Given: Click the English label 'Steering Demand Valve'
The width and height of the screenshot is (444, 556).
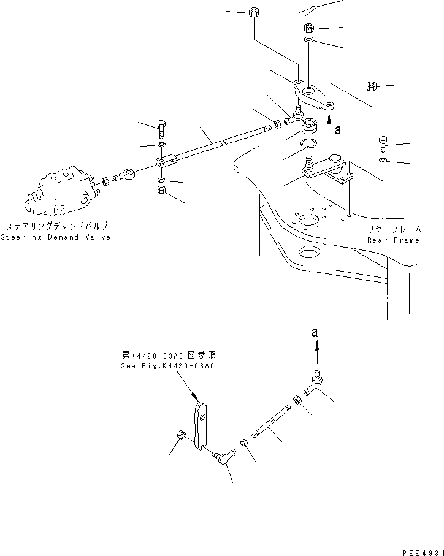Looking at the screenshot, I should [56, 237].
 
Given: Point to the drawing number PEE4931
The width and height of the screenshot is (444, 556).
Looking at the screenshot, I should [421, 552].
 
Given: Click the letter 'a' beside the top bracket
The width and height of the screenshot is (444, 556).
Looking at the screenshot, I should [337, 130].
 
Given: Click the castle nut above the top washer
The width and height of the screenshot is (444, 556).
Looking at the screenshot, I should [309, 28].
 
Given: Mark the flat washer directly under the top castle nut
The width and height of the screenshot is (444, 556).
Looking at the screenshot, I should [308, 40].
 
